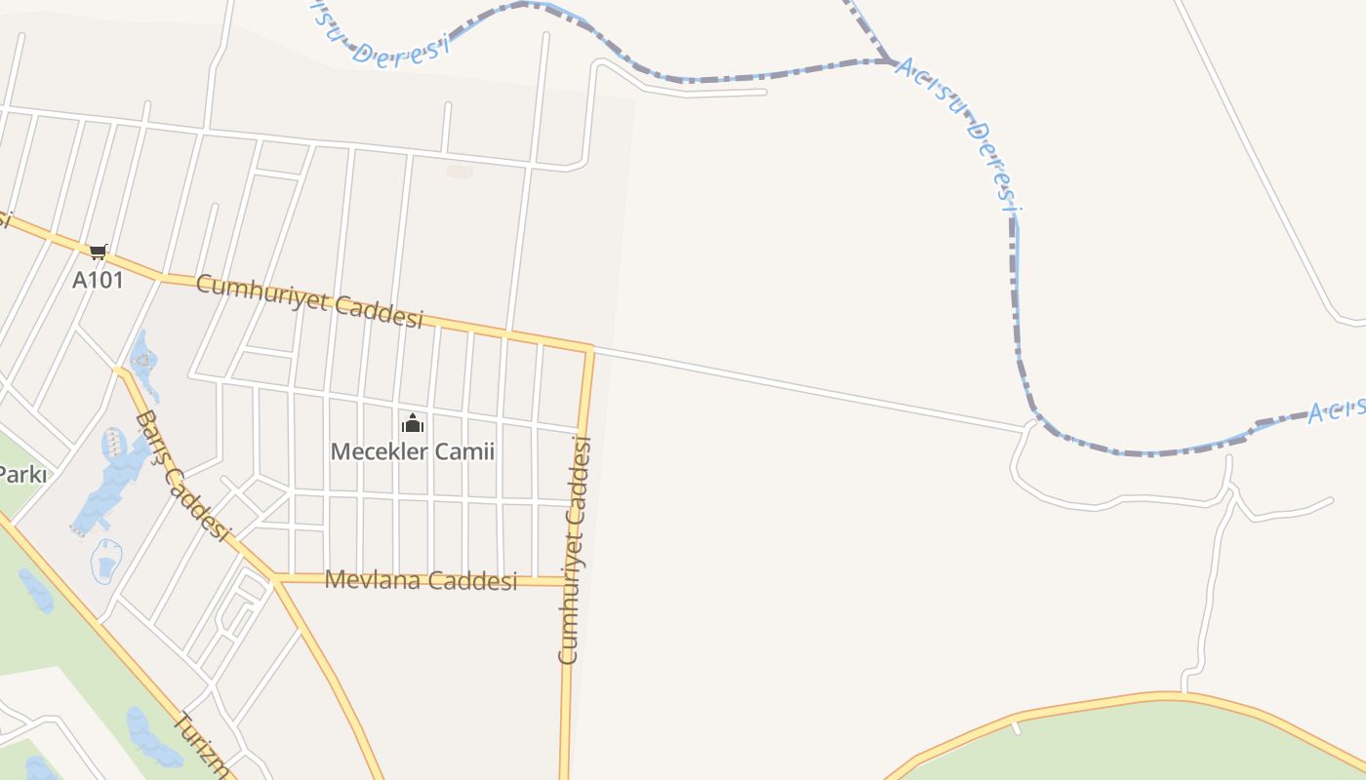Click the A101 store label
(98, 280)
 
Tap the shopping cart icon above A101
(98, 253)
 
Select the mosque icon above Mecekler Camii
(413, 424)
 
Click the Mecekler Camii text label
(413, 452)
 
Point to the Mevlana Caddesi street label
(421, 581)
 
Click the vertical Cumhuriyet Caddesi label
(575, 550)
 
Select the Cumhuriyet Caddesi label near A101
(309, 300)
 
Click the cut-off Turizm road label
(202, 747)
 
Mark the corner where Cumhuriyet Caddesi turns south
(589, 348)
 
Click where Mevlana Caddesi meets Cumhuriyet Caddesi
(567, 582)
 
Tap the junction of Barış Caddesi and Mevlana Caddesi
(277, 578)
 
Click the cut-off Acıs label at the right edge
(1336, 410)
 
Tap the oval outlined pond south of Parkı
(106, 562)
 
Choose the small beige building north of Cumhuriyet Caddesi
(460, 172)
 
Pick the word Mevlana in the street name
(371, 581)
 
